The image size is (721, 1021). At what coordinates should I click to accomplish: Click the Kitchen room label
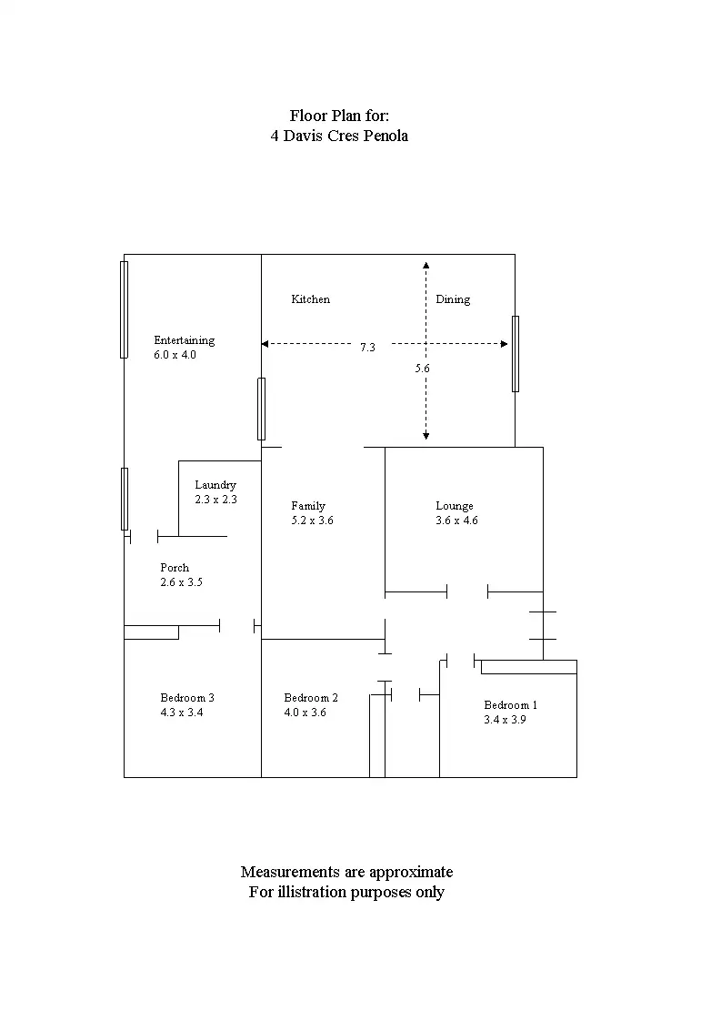coord(310,299)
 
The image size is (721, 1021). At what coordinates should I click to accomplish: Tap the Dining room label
coord(453,299)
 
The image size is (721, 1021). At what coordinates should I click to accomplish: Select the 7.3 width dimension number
coord(367,348)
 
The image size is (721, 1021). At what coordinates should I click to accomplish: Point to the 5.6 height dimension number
coord(422,369)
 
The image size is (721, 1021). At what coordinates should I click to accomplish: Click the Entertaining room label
coord(184,340)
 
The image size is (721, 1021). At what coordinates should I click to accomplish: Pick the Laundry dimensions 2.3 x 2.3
coord(215,500)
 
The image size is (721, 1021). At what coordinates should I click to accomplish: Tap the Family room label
coord(308,506)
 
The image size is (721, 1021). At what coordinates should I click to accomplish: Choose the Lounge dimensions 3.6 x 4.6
coord(456,521)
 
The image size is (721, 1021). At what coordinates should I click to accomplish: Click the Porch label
coord(175,568)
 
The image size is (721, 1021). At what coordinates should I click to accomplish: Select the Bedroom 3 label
coord(187,698)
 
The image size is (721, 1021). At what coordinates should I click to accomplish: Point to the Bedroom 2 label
coord(311,698)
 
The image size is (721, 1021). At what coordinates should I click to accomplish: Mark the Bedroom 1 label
coord(511,705)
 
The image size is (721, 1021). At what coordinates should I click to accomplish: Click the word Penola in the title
coord(386,136)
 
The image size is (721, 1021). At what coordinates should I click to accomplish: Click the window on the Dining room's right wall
coord(516,353)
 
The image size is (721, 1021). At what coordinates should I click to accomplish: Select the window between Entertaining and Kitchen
coord(262,409)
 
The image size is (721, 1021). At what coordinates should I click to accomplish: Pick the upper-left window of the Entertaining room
coord(125,309)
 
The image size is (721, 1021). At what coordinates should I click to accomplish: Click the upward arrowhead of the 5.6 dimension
coord(426,266)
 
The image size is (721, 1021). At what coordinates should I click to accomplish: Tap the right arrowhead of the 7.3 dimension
coord(504,344)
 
